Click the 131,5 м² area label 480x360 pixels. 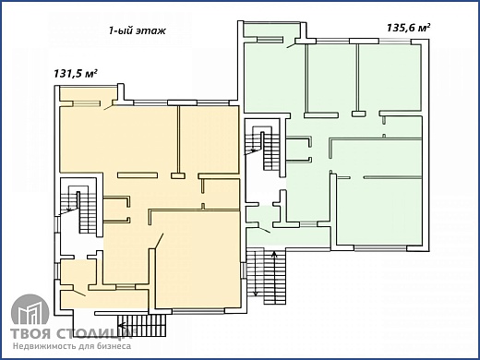pos(76,74)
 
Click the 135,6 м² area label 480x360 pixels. pos(408,28)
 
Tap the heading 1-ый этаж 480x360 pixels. pos(138,30)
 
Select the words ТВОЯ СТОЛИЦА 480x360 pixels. pos(71,334)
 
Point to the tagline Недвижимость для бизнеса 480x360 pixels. pos(72,346)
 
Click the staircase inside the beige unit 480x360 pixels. pos(79,210)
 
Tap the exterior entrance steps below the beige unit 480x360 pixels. pos(141,325)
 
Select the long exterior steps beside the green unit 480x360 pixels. pos(267,276)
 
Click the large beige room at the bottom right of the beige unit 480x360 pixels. pos(198,259)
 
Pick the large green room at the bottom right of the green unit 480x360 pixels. pos(378,211)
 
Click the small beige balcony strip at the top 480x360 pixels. pos(89,93)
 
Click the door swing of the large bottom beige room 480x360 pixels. pos(159,241)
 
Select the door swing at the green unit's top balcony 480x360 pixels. pos(292,45)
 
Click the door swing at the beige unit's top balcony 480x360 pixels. pos(109,107)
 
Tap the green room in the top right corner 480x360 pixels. pos(390,78)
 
